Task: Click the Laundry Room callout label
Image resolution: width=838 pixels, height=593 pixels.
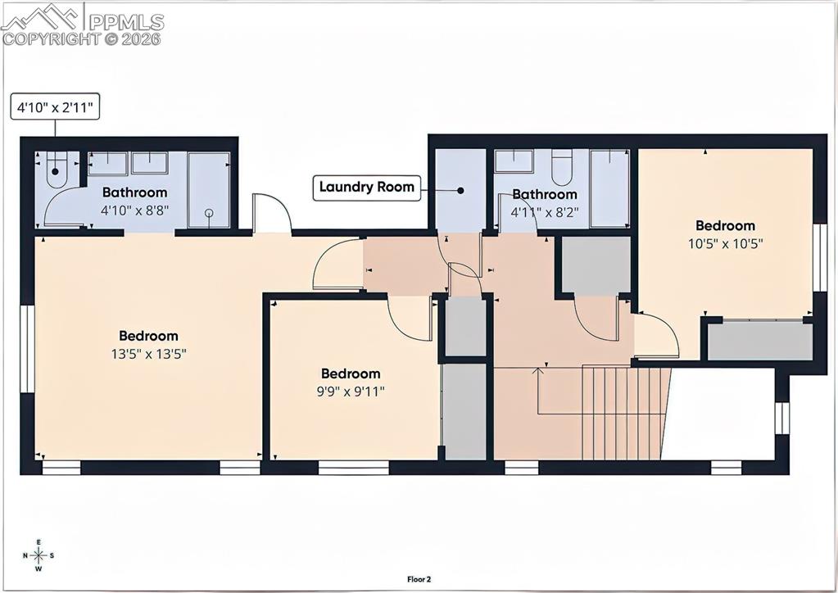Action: point(367,188)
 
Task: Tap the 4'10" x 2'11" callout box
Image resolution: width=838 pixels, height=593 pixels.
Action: point(55,107)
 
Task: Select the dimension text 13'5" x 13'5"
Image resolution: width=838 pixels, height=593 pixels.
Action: point(148,354)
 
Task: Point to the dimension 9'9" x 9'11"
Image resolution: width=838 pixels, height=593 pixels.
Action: point(351,392)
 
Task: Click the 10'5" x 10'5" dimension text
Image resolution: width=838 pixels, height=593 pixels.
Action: point(725,243)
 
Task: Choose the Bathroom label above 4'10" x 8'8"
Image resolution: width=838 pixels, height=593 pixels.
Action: point(134,192)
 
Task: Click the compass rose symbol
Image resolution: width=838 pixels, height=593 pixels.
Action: point(39,555)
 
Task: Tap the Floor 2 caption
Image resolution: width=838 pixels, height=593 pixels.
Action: point(419,579)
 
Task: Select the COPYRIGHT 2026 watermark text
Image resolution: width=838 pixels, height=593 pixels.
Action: point(82,38)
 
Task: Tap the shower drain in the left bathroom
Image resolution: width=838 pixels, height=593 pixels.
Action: point(209,213)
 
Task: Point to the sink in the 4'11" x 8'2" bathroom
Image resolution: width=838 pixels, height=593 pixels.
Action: point(514,161)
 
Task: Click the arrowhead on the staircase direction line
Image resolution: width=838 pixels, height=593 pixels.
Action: point(537,371)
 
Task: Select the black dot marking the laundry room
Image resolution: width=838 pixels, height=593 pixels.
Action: point(460,190)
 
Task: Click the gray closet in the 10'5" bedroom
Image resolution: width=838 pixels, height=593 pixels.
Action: point(759,341)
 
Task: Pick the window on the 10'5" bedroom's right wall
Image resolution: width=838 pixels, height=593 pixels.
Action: point(819,258)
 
